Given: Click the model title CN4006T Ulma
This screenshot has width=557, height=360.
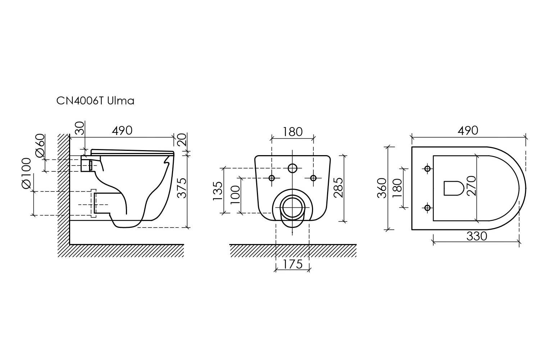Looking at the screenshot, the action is tap(95, 101).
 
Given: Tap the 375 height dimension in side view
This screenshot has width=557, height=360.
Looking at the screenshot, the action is tap(182, 188).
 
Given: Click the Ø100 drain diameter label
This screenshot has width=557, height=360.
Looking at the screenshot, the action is tap(26, 173).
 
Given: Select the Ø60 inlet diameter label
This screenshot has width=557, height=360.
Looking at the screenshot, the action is tap(40, 145).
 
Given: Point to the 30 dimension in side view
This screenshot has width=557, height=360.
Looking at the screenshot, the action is tap(80, 129).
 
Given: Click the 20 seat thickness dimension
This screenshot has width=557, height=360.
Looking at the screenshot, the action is tap(182, 139).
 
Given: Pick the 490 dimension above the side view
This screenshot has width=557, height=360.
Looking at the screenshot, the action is tap(122, 131).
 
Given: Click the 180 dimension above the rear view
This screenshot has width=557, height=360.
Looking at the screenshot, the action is tap(293, 132).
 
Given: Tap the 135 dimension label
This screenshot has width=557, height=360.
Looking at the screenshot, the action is tap(218, 191).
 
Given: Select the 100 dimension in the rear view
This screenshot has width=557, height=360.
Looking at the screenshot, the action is tap(235, 195).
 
